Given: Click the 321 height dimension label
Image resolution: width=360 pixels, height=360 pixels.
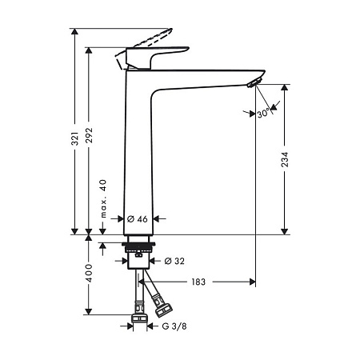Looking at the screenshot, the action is (x=76, y=138).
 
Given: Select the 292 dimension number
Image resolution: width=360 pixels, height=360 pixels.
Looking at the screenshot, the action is (x=90, y=135).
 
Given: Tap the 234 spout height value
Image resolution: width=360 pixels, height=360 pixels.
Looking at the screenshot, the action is (x=285, y=159).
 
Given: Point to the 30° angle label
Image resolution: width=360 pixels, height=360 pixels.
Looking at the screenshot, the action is (x=264, y=114).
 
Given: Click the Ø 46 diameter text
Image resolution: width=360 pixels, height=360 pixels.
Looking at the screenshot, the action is (x=138, y=219).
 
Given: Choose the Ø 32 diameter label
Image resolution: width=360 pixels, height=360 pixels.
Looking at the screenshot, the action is (x=174, y=261).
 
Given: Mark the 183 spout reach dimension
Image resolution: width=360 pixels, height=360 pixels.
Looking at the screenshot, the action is (x=198, y=282).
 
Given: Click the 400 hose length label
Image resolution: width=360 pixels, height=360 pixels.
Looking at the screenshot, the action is (x=89, y=273).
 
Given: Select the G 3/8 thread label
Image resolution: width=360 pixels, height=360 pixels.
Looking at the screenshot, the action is (x=174, y=326).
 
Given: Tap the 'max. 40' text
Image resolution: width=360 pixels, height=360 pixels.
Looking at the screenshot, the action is (x=103, y=198).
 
